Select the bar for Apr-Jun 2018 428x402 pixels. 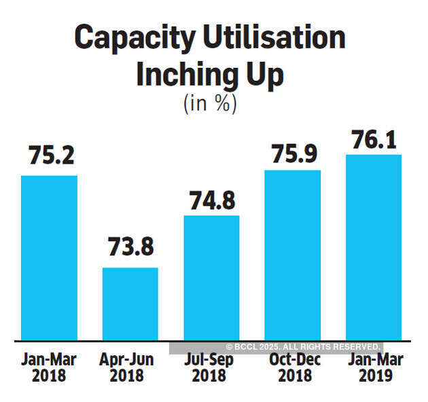click(130, 304)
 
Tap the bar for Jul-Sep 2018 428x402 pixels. click(211, 278)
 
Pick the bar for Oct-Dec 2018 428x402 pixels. click(292, 255)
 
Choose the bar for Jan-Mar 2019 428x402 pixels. click(373, 247)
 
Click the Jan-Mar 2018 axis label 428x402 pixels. click(49, 366)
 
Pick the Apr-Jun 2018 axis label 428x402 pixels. click(130, 366)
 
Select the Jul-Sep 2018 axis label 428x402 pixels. click(211, 366)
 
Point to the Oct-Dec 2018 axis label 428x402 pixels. click(292, 366)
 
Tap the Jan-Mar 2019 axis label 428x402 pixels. click(373, 366)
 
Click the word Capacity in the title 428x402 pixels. click(130, 39)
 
